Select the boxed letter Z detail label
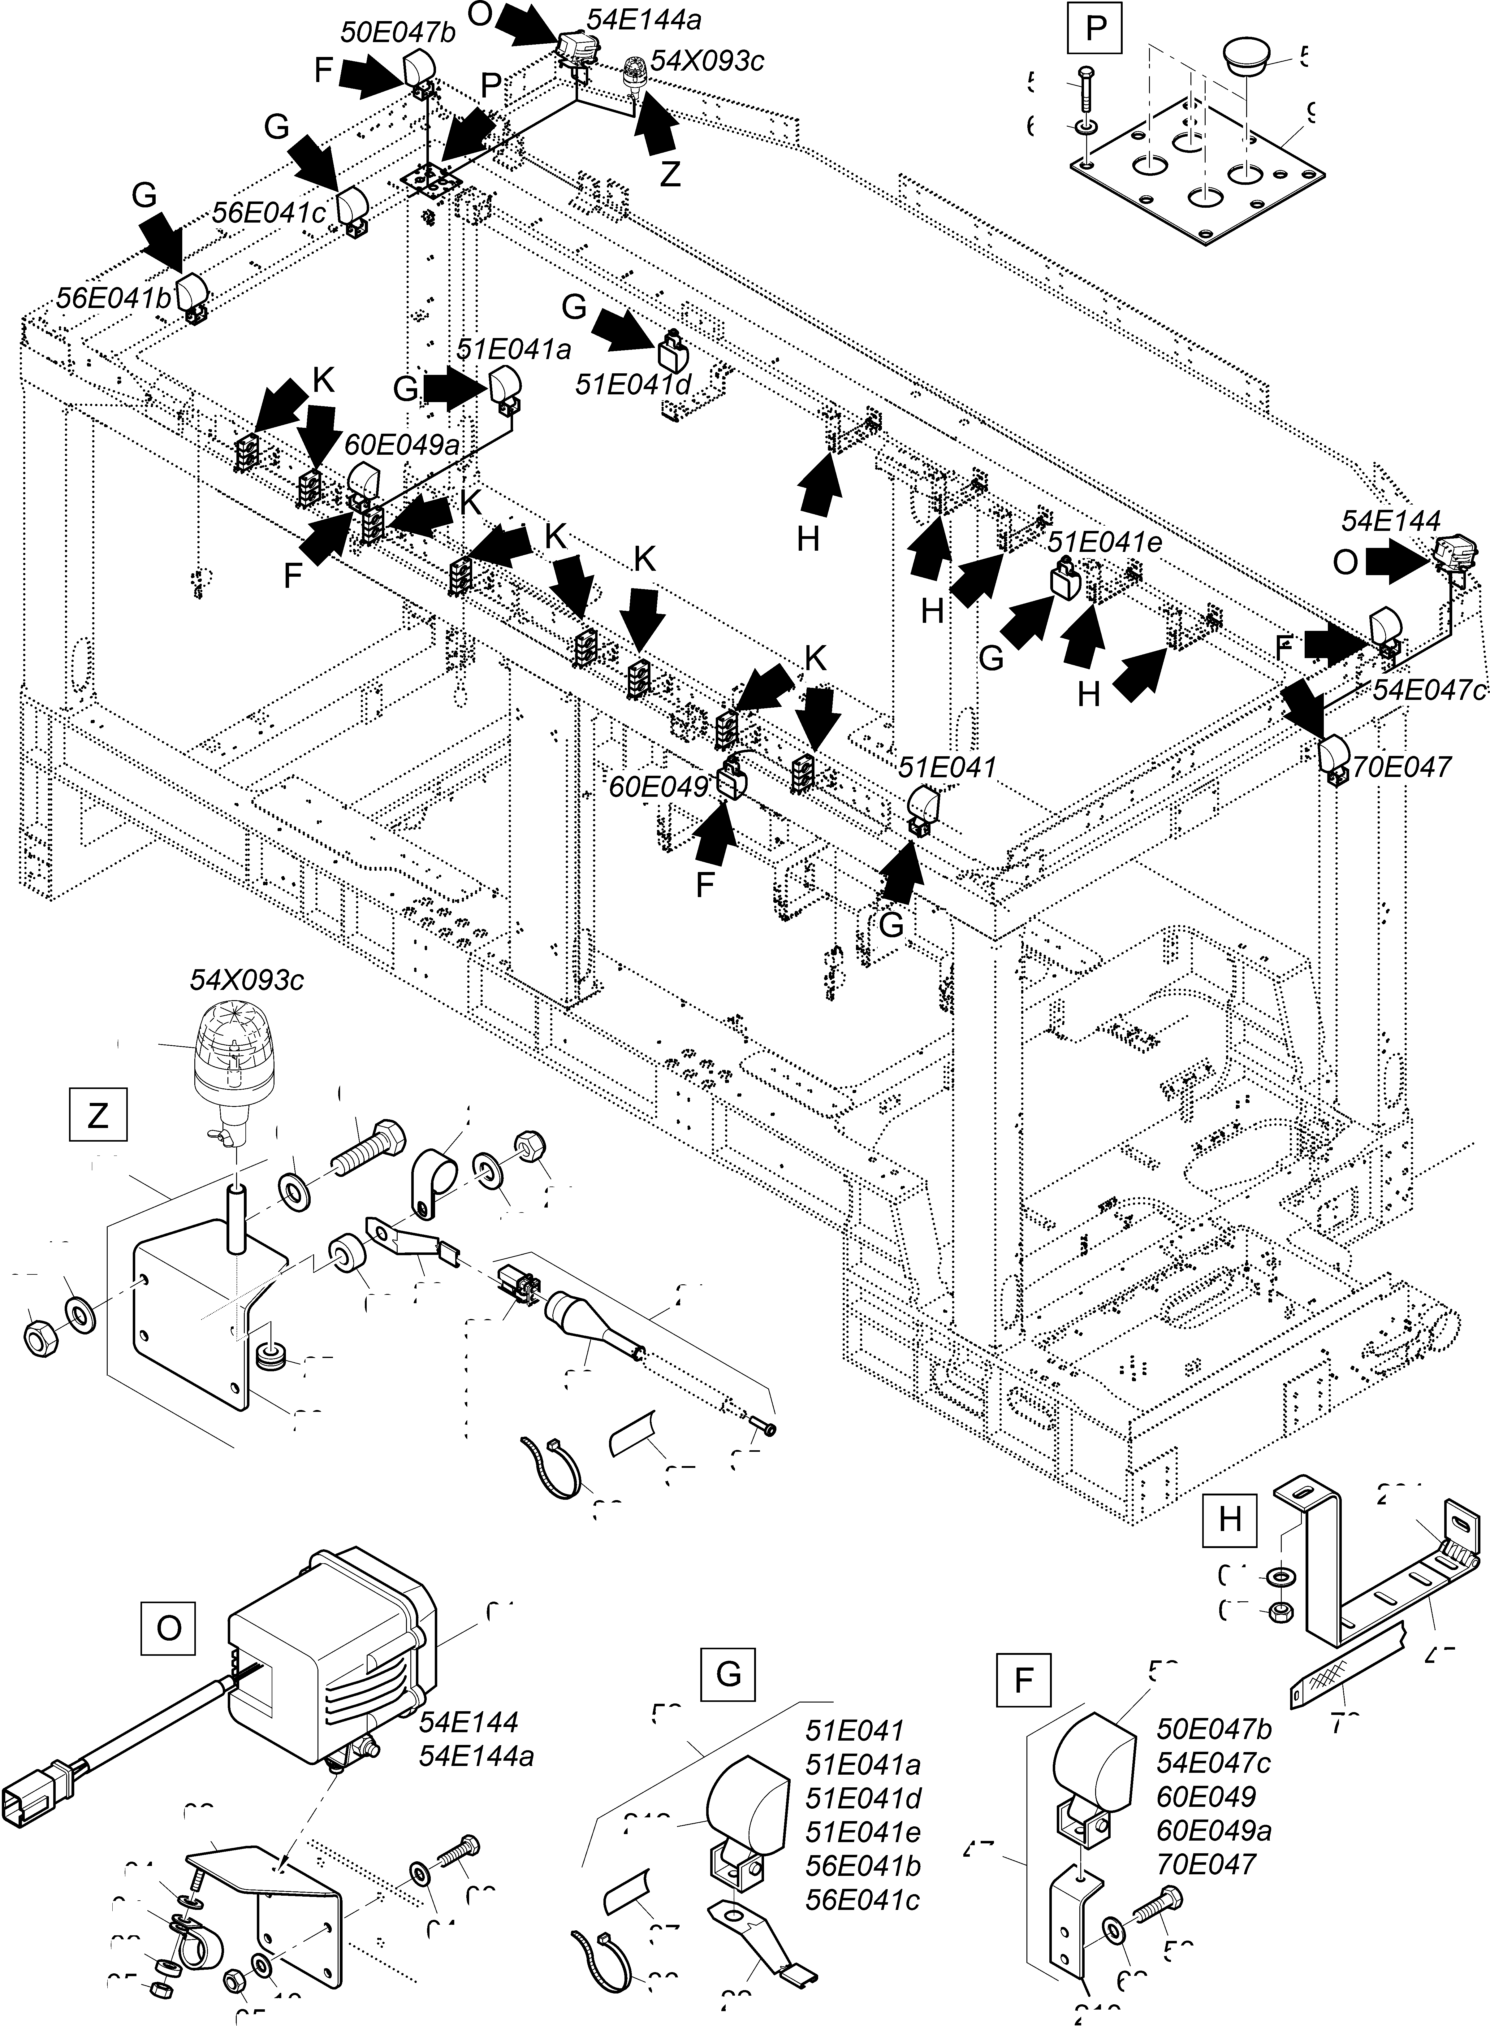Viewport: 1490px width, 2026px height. [x=97, y=1117]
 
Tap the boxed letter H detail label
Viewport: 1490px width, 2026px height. [x=1230, y=1519]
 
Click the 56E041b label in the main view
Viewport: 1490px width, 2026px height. [x=113, y=299]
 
